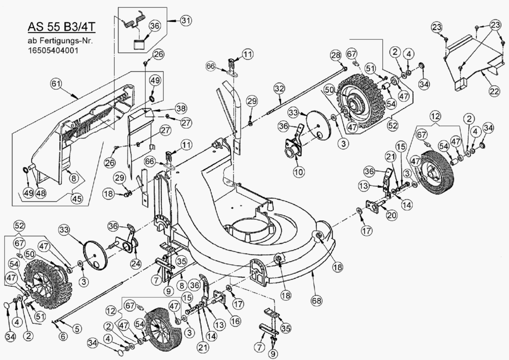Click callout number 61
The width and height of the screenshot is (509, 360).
coord(56,83)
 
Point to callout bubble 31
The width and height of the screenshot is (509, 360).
coord(186,20)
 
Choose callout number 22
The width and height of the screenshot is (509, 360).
coord(494,91)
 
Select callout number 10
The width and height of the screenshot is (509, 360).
coord(298,171)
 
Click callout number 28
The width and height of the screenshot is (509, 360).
coord(335,56)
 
